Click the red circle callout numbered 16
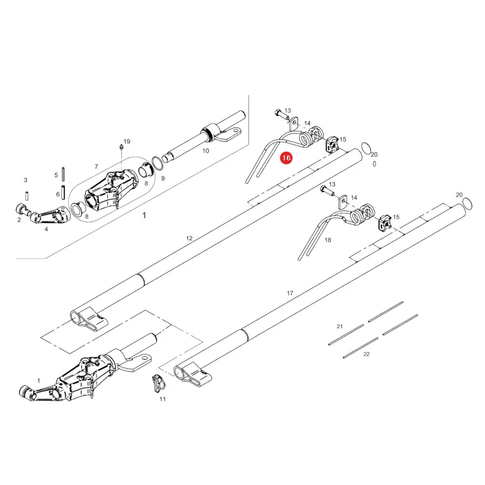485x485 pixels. pyautogui.click(x=286, y=158)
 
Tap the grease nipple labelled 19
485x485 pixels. pyautogui.click(x=122, y=147)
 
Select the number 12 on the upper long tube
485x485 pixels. pyautogui.click(x=189, y=238)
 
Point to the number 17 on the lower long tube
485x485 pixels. pyautogui.click(x=290, y=293)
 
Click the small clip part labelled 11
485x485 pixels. pyautogui.click(x=158, y=383)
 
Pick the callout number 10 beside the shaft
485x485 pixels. pyautogui.click(x=206, y=151)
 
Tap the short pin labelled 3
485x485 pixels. pyautogui.click(x=27, y=196)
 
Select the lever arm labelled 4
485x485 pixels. pyautogui.click(x=50, y=215)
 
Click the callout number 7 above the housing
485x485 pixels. pyautogui.click(x=96, y=167)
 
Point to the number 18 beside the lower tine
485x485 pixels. pyautogui.click(x=328, y=240)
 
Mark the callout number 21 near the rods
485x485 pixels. pyautogui.click(x=339, y=327)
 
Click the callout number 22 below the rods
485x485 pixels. pyautogui.click(x=366, y=354)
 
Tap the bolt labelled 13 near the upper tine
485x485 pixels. pyautogui.click(x=282, y=115)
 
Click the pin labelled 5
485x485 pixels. pyautogui.click(x=63, y=174)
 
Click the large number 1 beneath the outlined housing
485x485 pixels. pyautogui.click(x=144, y=215)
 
